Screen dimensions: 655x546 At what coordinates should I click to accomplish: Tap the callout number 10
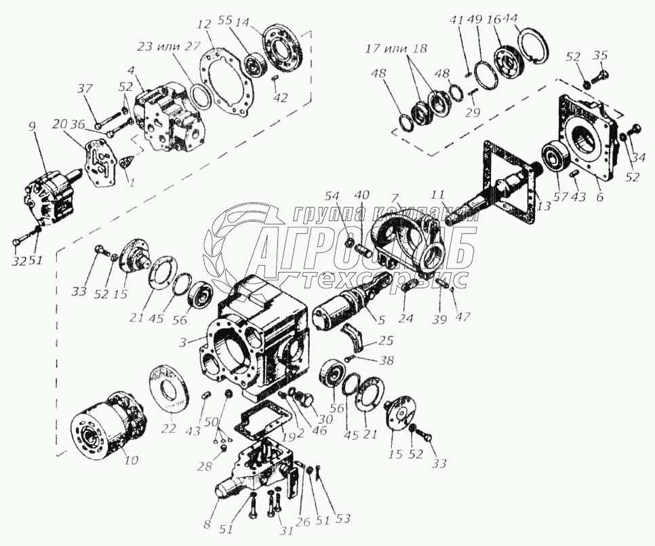point(131,460)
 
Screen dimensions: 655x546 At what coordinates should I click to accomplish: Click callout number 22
point(169,428)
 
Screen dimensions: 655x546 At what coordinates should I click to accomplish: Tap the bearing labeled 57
point(557,156)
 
